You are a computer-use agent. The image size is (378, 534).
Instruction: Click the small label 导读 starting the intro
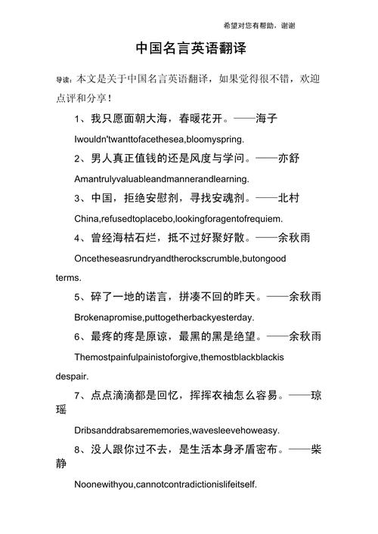coord(63,79)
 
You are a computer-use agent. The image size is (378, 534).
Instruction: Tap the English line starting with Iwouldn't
coord(159,140)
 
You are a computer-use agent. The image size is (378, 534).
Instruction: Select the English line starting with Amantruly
coord(161,180)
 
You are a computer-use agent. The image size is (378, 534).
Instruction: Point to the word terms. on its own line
coord(68,278)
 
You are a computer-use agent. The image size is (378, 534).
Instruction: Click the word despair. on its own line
coord(72,375)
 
